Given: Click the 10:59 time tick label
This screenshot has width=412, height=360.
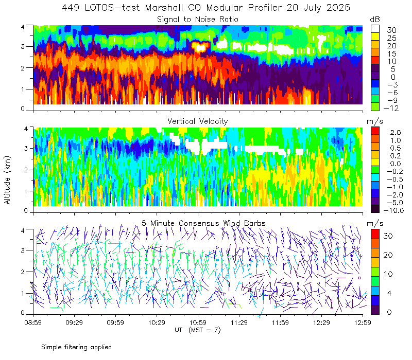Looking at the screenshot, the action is (198, 322).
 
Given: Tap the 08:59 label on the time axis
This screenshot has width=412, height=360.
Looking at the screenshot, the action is (33, 322).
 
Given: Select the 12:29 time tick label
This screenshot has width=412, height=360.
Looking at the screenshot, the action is (321, 322).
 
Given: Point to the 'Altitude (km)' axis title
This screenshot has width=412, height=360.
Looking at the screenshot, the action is (7, 180).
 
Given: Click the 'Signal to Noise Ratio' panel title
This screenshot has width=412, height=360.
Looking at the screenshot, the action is (198, 20).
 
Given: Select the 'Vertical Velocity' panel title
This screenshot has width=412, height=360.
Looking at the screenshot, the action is (198, 121).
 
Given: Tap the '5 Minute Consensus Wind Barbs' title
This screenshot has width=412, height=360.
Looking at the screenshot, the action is (203, 223).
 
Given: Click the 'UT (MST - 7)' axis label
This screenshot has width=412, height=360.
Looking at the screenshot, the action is (198, 330).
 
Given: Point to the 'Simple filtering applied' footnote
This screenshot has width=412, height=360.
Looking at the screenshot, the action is (76, 347).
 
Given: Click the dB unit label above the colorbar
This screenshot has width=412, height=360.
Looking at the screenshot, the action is (375, 20).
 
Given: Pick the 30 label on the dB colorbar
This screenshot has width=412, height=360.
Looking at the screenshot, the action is (391, 30).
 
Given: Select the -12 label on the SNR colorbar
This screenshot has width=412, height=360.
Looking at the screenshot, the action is (391, 108).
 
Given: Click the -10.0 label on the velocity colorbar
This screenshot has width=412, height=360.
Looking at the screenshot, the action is (393, 210).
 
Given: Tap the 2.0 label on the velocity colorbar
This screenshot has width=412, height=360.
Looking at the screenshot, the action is (396, 132).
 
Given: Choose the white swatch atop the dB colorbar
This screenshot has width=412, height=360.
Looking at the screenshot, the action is (375, 29).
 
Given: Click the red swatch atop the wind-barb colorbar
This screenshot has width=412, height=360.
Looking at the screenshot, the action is (375, 233).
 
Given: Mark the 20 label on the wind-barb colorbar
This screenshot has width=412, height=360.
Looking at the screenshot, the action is (388, 255).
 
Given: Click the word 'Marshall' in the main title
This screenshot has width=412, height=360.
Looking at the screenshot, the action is (164, 8).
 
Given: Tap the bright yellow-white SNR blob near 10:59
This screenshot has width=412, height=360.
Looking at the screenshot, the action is (200, 47).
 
